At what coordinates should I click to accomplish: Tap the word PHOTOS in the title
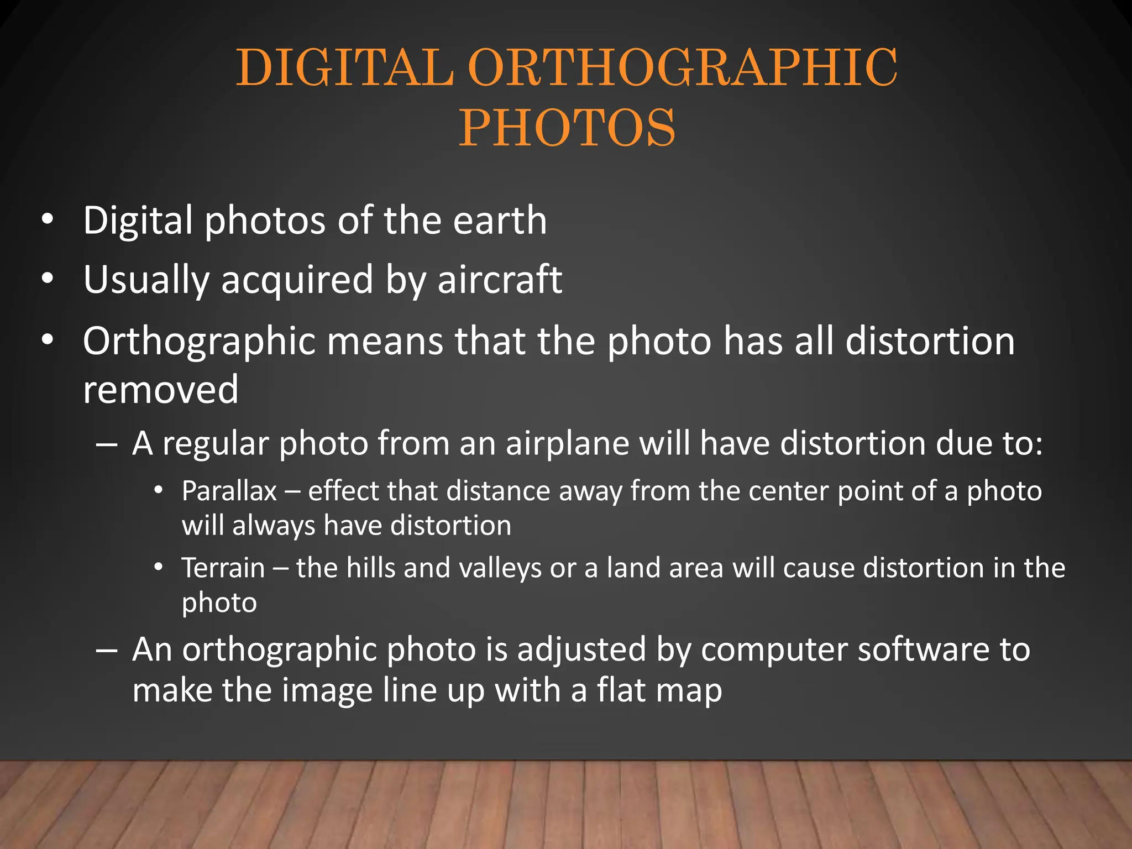(x=567, y=128)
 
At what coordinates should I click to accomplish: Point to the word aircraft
(x=500, y=279)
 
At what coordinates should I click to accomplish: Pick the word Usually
(x=146, y=280)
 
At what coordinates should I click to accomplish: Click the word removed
(x=160, y=389)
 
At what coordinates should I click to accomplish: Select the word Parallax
(x=229, y=491)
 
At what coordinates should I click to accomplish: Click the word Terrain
(x=223, y=568)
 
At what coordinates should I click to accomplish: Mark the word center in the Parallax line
(x=788, y=491)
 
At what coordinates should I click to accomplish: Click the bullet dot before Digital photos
(x=48, y=220)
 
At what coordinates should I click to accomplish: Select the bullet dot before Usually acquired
(x=48, y=279)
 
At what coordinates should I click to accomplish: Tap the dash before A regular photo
(x=106, y=444)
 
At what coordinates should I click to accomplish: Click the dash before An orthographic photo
(x=106, y=650)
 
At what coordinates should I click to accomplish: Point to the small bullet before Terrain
(x=159, y=567)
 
